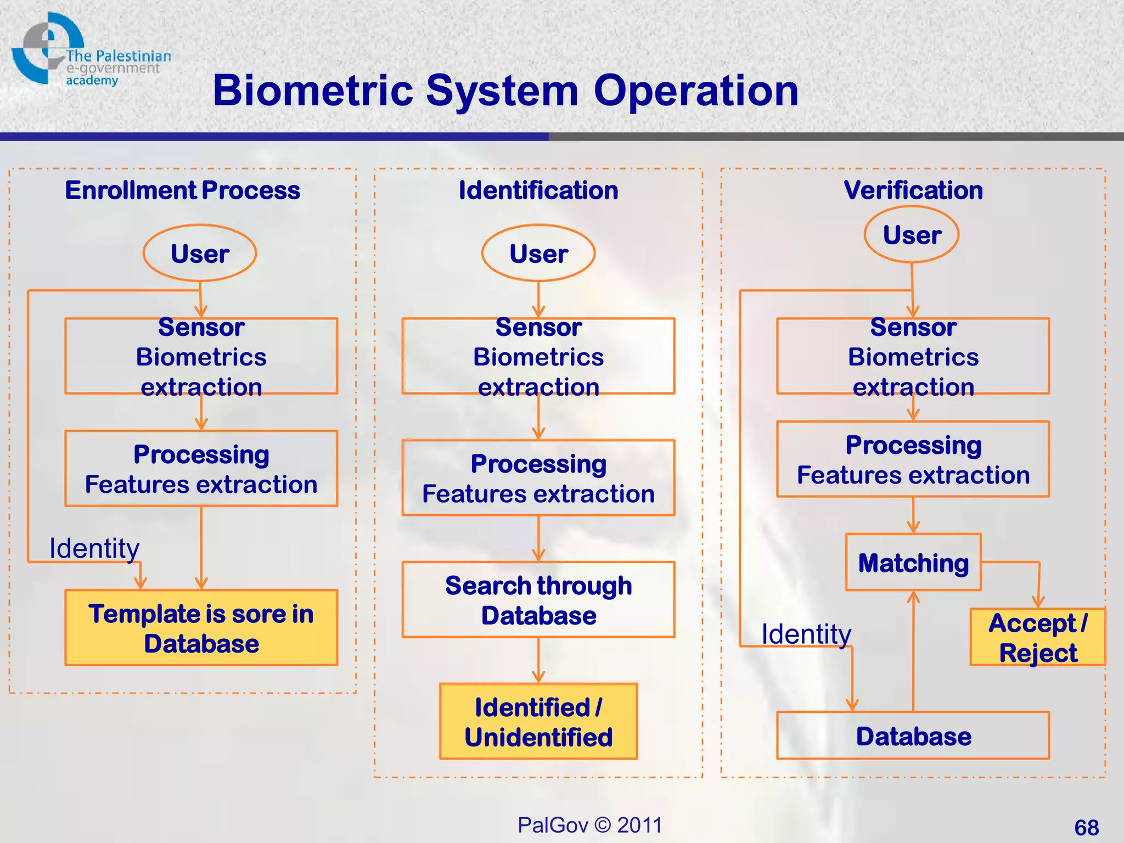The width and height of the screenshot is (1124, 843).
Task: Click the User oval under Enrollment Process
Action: [200, 253]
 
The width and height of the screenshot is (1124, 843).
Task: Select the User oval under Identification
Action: [538, 253]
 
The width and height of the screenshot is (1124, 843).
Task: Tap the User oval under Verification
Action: [912, 235]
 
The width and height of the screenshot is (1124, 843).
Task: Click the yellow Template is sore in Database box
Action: [201, 628]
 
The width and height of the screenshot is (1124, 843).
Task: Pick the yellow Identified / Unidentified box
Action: [538, 722]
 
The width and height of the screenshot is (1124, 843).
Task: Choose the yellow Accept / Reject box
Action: [1037, 637]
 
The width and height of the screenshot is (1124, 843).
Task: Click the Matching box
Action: [913, 563]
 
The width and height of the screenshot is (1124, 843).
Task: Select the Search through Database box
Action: [538, 600]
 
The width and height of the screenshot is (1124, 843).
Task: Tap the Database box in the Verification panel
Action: [913, 736]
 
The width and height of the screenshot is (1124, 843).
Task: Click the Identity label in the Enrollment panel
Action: [94, 548]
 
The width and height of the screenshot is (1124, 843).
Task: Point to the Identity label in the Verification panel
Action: [806, 634]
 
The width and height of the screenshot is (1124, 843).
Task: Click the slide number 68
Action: [1086, 827]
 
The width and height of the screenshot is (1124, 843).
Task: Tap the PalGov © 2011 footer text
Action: [590, 825]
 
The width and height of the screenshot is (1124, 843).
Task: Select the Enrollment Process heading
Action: [182, 190]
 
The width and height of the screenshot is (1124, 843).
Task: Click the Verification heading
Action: [913, 190]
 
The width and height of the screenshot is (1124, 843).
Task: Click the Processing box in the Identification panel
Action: [538, 478]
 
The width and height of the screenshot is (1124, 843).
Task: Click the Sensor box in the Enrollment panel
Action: [201, 356]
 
